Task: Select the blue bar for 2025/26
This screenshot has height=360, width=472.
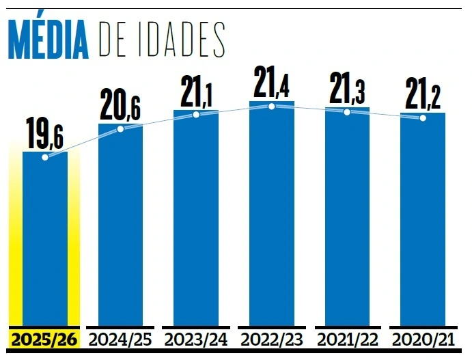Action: pos(45,239)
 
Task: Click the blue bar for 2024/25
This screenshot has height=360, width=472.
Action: pos(121,225)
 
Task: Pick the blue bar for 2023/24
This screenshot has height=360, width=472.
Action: pos(196,219)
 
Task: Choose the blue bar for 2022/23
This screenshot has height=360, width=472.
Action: pos(272,215)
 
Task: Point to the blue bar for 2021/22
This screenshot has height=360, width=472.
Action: pos(347,217)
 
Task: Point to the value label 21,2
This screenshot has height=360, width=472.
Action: pos(423,94)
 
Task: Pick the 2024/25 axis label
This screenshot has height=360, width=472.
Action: pos(121,339)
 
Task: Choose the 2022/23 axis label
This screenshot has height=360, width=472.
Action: pos(272,339)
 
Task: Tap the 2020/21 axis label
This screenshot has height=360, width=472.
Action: pos(423,339)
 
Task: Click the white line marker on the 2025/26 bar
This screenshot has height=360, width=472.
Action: pos(45,157)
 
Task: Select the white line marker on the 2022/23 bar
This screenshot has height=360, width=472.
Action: pos(272,106)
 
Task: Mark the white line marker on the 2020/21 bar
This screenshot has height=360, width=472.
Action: pos(423,118)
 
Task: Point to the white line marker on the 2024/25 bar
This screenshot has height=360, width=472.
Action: pos(121,128)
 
